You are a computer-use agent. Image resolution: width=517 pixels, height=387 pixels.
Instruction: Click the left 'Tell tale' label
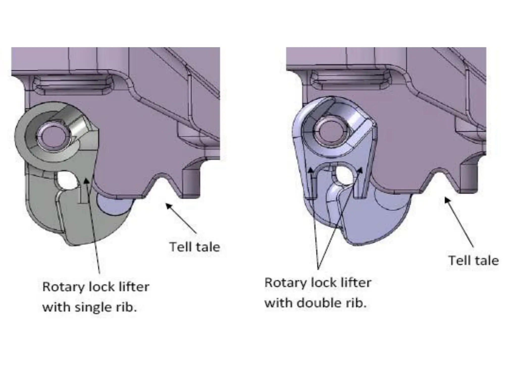pyautogui.click(x=195, y=247)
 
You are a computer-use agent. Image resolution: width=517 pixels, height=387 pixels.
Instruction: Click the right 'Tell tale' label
pyautogui.click(x=473, y=261)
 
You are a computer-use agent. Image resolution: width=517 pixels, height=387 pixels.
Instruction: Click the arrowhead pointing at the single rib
pyautogui.click(x=86, y=180)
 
